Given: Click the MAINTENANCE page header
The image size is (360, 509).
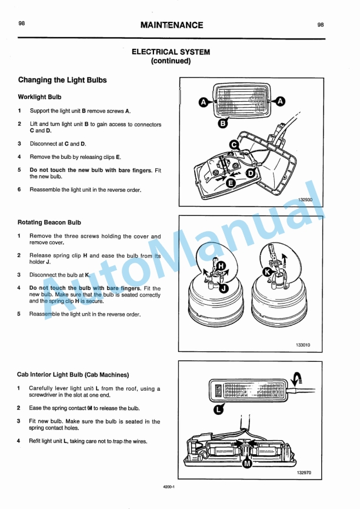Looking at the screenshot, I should pos(172,25).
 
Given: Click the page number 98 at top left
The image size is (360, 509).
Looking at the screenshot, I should pos(21,24).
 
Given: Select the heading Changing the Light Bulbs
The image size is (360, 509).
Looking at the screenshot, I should pos(62,80).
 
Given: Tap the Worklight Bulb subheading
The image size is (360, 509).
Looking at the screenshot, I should pos(39,97).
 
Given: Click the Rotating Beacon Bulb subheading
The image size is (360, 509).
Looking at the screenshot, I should pos(49,222).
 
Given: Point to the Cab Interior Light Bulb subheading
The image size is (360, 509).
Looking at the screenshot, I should pos(74,374).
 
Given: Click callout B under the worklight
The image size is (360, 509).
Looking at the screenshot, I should pos(223,124).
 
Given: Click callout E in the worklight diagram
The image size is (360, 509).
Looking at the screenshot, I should pos(231,183).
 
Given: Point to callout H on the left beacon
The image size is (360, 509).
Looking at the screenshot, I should pos(221,266).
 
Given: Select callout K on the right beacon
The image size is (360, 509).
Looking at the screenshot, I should pos(267,272).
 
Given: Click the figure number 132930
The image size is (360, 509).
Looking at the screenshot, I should pos(305,199).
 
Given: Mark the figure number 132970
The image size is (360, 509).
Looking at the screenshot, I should pos(305,471).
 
